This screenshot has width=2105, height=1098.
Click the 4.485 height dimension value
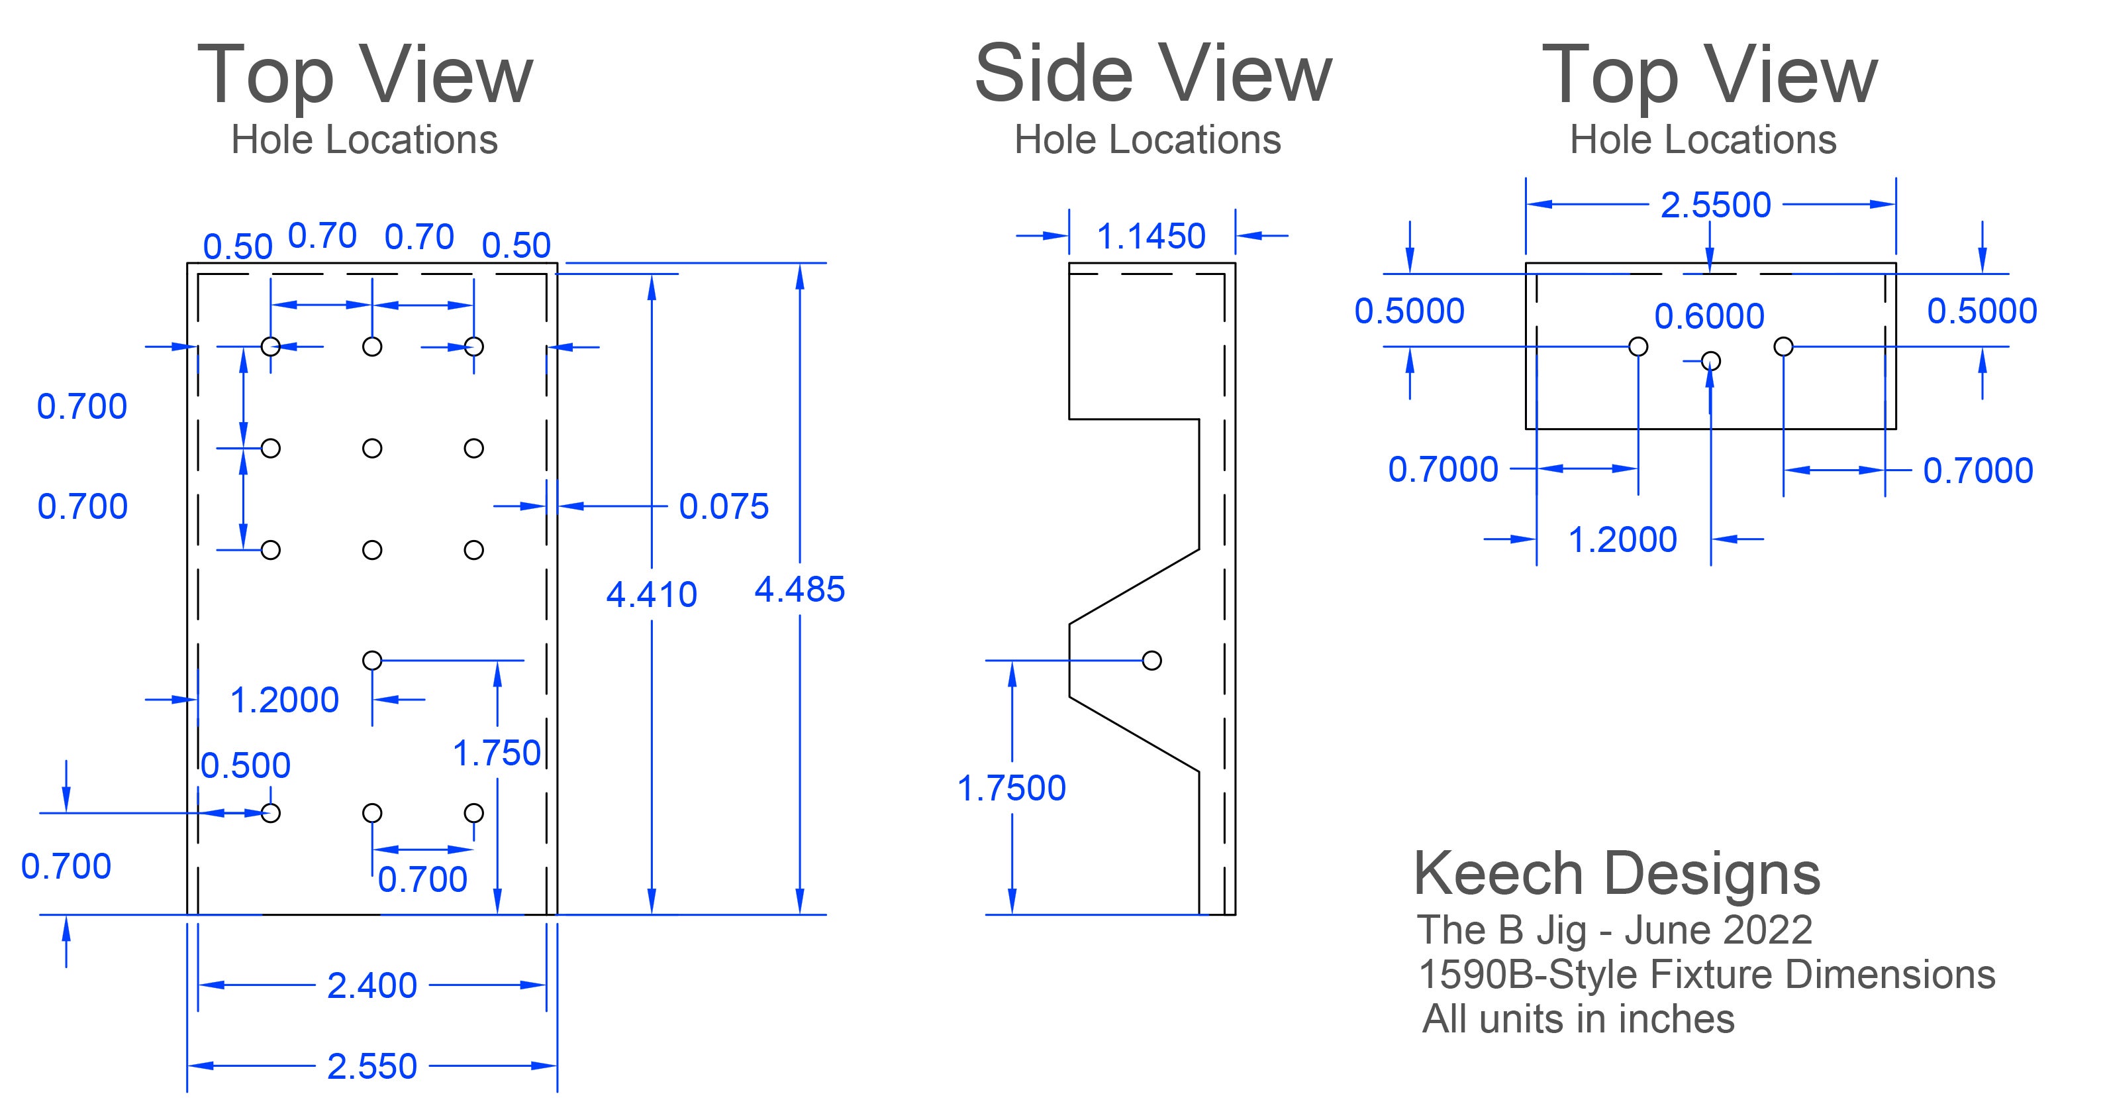pos(799,590)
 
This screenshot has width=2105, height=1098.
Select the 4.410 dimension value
pos(652,594)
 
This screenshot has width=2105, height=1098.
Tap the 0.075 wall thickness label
pos(724,506)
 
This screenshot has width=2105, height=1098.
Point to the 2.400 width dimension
pos(372,985)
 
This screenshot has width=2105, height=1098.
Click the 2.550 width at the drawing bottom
pos(372,1066)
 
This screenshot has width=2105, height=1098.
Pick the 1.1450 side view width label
pos(1151,237)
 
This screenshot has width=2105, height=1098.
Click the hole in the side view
pos(1151,660)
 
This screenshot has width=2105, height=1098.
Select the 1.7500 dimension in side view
pos(1011,788)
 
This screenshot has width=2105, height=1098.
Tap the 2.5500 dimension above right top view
pos(1715,204)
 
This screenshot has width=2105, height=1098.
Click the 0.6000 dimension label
pos(1708,316)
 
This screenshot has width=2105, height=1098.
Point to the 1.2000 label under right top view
pos(1622,539)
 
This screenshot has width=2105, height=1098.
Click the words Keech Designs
pos(1616,873)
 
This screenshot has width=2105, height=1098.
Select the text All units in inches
pos(1578,1018)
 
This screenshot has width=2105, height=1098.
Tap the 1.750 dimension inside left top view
pos(497,753)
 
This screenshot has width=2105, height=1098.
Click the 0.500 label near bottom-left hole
pos(245,765)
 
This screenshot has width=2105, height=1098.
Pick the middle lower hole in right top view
pos(1710,360)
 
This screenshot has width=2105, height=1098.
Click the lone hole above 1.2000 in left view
pos(372,660)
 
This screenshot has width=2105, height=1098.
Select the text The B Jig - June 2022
pos(1615,930)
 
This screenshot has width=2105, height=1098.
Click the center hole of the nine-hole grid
pos(372,448)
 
